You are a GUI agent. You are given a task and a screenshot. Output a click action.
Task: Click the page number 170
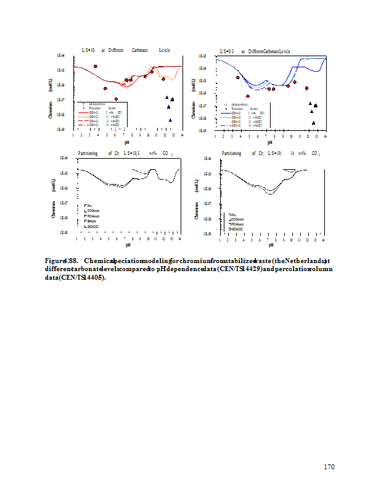pyautogui.click(x=329, y=467)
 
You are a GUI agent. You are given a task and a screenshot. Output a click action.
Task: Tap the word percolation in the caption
pyautogui.click(x=290, y=269)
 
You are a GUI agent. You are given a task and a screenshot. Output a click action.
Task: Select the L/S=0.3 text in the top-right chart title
pyautogui.click(x=226, y=51)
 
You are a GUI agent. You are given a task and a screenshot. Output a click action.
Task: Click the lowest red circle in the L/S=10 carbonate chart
pyautogui.click(x=116, y=99)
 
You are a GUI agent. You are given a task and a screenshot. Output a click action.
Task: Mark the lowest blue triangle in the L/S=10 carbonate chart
pyautogui.click(x=170, y=120)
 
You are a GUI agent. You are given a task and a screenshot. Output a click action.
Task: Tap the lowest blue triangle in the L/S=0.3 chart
pyautogui.click(x=313, y=123)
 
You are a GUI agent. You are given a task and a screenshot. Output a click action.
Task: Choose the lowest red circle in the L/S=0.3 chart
pyautogui.click(x=248, y=96)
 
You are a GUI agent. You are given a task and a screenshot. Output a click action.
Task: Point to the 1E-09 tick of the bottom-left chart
pyautogui.click(x=63, y=232)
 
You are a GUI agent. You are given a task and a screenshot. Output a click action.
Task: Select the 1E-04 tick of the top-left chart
pyautogui.click(x=62, y=56)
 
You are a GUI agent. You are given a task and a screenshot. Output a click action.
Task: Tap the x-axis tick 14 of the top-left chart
pyautogui.click(x=181, y=135)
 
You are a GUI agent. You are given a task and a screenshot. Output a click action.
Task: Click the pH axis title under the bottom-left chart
pyautogui.click(x=128, y=245)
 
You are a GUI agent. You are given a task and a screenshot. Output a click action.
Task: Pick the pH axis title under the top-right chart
pyautogui.click(x=269, y=143)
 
